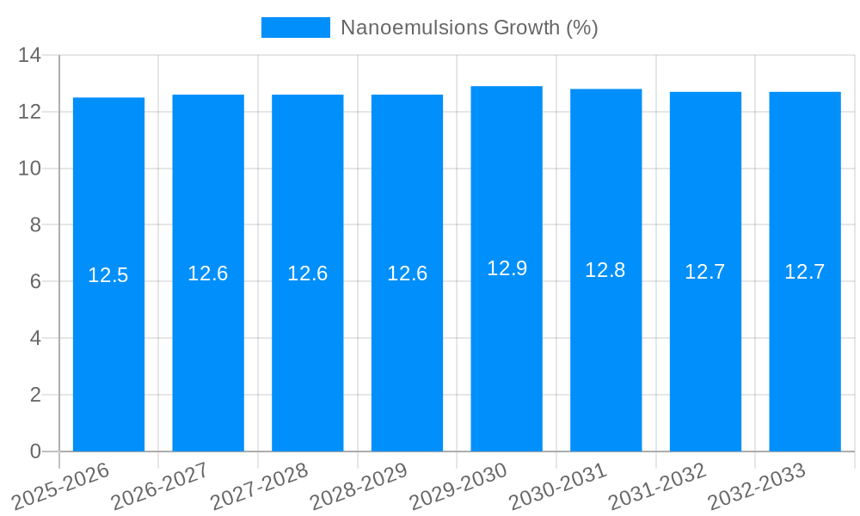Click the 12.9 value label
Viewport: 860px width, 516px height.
507,268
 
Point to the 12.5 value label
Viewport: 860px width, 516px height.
108,275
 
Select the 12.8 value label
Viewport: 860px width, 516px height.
605,270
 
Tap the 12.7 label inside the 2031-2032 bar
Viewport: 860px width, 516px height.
705,273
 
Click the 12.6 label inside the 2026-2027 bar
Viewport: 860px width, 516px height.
208,273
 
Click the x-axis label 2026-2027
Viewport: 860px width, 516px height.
159,486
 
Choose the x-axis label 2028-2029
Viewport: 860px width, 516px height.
358,486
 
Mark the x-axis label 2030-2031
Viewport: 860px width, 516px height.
557,486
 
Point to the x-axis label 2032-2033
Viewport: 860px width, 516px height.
756,486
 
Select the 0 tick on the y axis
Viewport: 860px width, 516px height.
35,451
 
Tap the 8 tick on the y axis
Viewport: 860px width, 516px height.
35,225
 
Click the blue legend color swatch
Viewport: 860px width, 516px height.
295,28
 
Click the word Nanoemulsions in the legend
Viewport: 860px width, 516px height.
414,28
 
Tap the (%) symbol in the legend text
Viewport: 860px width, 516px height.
581,28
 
